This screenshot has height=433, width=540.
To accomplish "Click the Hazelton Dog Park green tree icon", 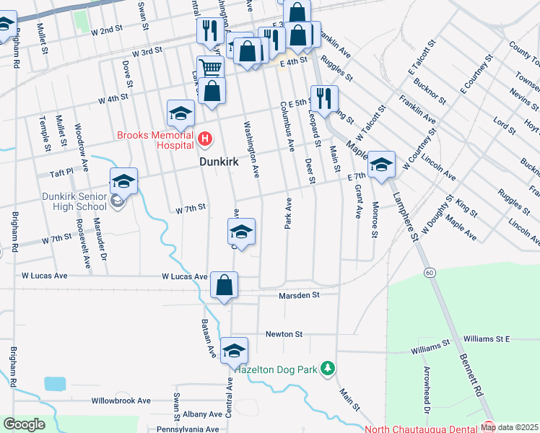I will click(x=328, y=369).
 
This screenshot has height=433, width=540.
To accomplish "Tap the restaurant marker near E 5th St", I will click(x=323, y=98).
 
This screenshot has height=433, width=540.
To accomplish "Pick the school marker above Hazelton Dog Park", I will click(x=234, y=351).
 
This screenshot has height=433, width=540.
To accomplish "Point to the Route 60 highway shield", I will click(x=430, y=272).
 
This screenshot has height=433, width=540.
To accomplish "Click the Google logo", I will click(x=25, y=424).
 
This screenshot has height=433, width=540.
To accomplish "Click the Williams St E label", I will click(x=487, y=338).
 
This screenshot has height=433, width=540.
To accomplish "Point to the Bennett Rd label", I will click(x=469, y=375).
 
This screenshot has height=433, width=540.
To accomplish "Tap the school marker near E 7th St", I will click(x=381, y=166).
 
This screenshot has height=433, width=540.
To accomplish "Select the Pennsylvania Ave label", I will click(x=190, y=429).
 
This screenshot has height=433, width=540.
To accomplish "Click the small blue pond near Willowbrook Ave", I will click(x=55, y=383).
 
